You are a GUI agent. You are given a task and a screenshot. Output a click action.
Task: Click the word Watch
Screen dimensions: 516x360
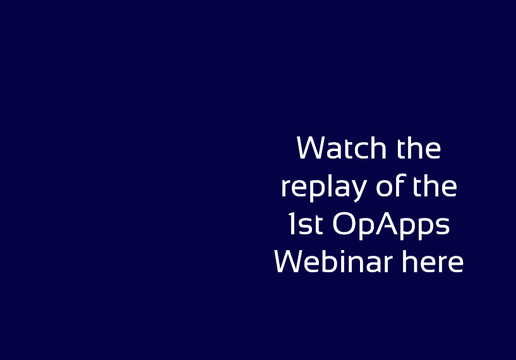(x=341, y=148)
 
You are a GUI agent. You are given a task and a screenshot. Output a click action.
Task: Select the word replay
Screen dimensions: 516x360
(x=324, y=187)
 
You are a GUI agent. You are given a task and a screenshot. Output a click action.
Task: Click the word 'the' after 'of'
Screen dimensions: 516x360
(x=435, y=186)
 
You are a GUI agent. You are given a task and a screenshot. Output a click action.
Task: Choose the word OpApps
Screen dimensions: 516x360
(x=391, y=225)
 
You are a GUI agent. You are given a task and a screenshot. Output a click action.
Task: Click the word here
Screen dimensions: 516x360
(x=433, y=261)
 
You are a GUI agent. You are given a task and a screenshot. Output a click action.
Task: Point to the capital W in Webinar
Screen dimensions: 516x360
(x=290, y=261)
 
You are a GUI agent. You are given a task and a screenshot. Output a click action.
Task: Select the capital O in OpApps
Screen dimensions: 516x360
(x=344, y=224)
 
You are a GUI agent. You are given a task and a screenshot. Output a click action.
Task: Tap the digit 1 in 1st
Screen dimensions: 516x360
(x=292, y=224)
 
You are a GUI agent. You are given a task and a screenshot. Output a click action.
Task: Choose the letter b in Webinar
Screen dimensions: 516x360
(x=332, y=261)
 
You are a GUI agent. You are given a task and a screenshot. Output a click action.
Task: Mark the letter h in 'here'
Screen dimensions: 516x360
(x=410, y=261)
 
